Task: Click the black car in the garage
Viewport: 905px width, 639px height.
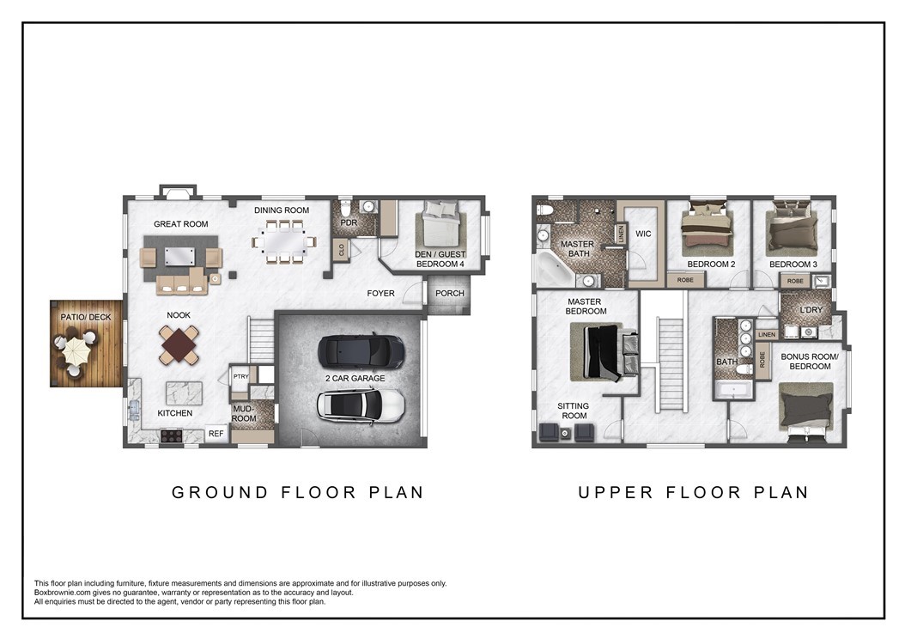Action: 361,351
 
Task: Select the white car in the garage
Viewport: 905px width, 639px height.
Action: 361,405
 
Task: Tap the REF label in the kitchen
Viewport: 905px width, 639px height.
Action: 216,434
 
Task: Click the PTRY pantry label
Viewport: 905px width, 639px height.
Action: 240,376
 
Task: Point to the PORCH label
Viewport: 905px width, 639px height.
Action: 450,293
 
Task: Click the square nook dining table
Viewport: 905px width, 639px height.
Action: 179,345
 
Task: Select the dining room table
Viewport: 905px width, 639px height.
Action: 282,242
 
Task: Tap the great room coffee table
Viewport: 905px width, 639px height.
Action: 180,256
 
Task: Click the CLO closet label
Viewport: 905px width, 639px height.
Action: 342,249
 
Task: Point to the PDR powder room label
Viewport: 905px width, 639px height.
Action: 349,222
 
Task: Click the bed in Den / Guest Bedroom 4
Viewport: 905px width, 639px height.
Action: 441,227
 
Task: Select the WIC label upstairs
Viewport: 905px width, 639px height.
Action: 643,234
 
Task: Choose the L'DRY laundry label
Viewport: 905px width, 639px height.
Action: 811,310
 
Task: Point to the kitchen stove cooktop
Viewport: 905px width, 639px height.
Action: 172,435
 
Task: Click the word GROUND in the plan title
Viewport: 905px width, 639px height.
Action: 220,492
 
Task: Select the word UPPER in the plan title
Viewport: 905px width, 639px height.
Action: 616,492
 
